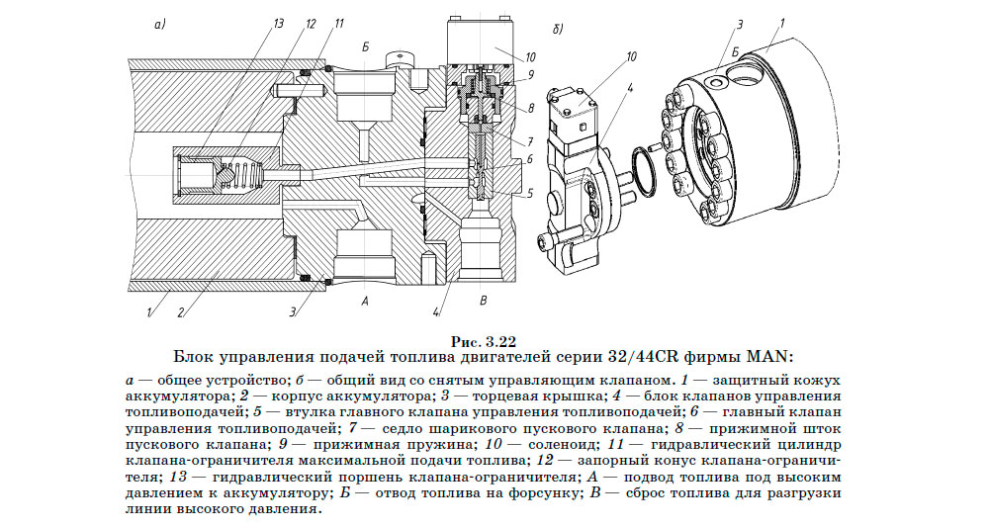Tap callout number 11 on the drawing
tap(339, 22)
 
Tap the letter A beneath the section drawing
tap(365, 299)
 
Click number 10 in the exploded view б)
tap(629, 56)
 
